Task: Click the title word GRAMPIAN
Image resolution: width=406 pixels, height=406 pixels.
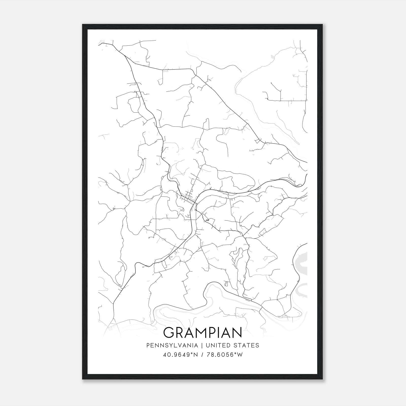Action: (203, 333)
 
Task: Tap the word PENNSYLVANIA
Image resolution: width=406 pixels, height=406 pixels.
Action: (172, 345)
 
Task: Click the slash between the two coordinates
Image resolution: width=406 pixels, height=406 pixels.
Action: (202, 355)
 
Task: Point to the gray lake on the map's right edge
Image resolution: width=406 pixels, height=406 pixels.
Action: (302, 264)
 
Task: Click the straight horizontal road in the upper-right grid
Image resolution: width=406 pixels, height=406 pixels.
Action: (287, 101)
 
